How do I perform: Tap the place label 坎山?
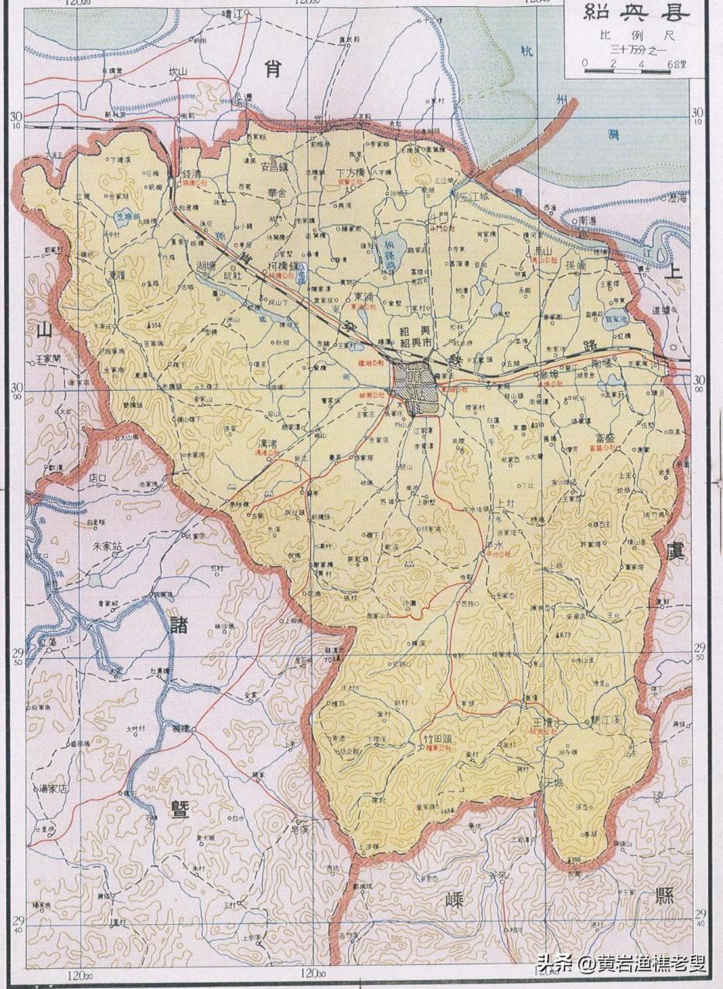tap(179, 72)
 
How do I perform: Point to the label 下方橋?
tap(356, 172)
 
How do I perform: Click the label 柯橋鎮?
tap(282, 265)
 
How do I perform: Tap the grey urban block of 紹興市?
tap(416, 379)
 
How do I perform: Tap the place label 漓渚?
tap(267, 446)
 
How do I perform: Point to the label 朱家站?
tap(108, 545)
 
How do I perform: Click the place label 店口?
tap(97, 478)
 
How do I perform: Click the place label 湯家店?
tap(54, 789)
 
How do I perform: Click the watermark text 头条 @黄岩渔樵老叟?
tap(622, 964)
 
